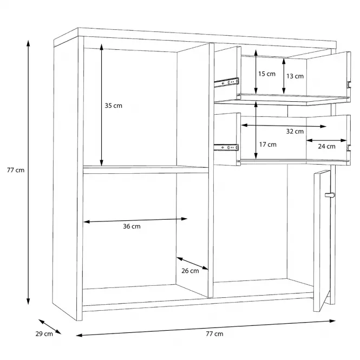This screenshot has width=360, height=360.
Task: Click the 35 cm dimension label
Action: [x=114, y=106]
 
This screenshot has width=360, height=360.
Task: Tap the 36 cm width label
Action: [x=132, y=226]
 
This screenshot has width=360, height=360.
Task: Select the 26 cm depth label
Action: [x=190, y=271]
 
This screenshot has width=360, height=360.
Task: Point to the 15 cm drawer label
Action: [x=267, y=74]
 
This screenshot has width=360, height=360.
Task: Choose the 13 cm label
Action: [x=295, y=76]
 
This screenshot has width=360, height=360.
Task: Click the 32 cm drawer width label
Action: [x=295, y=132]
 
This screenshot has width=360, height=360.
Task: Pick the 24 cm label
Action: [x=327, y=146]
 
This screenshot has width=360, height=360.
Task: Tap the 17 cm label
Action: [x=268, y=145]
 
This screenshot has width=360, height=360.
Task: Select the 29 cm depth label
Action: [x=44, y=334]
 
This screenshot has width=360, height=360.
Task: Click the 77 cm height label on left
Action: [x=16, y=170]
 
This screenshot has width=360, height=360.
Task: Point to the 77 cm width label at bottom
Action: [x=214, y=334]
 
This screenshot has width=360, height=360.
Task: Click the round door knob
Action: [x=330, y=195]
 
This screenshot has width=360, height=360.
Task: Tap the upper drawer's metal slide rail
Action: [x=227, y=82]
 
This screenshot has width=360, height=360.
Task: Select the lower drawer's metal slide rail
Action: [x=226, y=147]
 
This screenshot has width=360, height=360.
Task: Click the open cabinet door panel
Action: [x=322, y=241]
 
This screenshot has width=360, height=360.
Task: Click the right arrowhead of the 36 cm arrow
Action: [x=184, y=219]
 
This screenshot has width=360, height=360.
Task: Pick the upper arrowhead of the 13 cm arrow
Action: [x=284, y=61]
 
